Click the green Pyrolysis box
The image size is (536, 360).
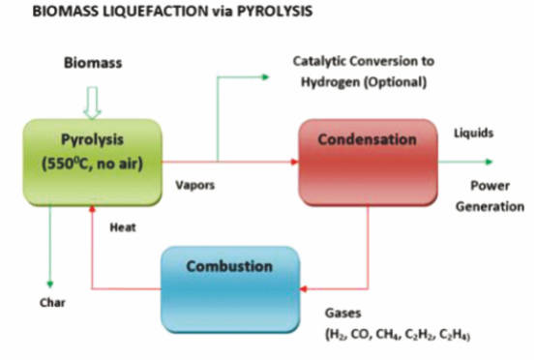[92, 162]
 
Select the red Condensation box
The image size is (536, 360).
[369, 162]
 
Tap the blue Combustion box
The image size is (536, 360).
[230, 289]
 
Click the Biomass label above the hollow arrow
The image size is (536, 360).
[93, 63]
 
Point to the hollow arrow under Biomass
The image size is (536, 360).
[92, 103]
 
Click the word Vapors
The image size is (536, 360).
[194, 185]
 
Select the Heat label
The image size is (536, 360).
[123, 227]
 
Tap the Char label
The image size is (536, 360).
[52, 303]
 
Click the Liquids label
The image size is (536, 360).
[473, 133]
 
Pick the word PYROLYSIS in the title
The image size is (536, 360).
[275, 12]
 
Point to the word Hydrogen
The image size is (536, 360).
[330, 82]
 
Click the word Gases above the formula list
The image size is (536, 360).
[342, 313]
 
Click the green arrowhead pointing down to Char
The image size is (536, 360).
[50, 285]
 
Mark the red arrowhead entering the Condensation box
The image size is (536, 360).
[294, 162]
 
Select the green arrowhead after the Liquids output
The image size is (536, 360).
[490, 162]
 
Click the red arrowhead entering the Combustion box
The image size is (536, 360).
[304, 289]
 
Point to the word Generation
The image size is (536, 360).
[490, 206]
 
